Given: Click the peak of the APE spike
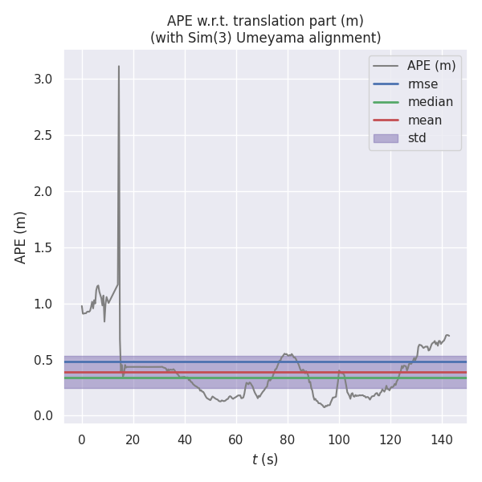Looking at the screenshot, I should point(119,66).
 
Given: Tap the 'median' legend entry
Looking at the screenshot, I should point(430,102).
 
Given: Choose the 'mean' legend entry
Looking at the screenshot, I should point(424,120).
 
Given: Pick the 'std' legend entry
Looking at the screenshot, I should point(417,138).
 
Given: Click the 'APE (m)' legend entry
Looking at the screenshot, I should point(431,65).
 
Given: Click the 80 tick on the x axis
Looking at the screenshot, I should point(288,439).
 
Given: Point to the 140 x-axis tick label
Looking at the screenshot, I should point(442,439).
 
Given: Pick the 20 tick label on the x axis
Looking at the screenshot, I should point(133,439).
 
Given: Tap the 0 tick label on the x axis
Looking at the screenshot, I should point(82,439).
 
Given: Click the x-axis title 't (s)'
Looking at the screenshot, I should point(265,460).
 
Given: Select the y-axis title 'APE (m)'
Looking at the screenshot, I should point(21,237).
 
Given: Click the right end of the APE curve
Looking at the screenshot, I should point(449,336).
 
